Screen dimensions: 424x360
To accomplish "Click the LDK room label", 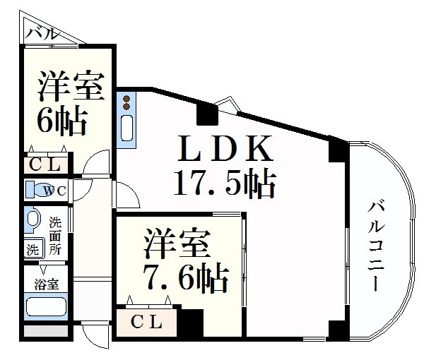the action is coord(225,148).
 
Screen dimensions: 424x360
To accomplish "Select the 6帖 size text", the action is coord(62,121).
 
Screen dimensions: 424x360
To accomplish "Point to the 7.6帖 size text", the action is coord(186,278).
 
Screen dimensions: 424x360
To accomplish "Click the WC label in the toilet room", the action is coord(55,191).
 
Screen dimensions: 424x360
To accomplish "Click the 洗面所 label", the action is coord(55,236).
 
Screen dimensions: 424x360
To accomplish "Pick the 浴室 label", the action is coord(46,284).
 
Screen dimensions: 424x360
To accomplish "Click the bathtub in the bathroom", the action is coord(46,306).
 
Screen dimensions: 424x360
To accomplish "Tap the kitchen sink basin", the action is coord(126,128).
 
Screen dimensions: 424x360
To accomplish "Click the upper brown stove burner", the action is coord(126,99).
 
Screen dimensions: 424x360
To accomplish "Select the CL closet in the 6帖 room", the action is coord(45,164).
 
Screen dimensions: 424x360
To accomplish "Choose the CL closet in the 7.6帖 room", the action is coord(146,322).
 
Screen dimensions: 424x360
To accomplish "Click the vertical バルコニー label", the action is coord(376,246).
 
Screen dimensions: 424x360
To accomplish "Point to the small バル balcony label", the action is coord(42,34).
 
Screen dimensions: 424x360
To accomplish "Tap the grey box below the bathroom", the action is coord(46,331).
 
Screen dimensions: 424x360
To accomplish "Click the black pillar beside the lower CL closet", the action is coord(192,323).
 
